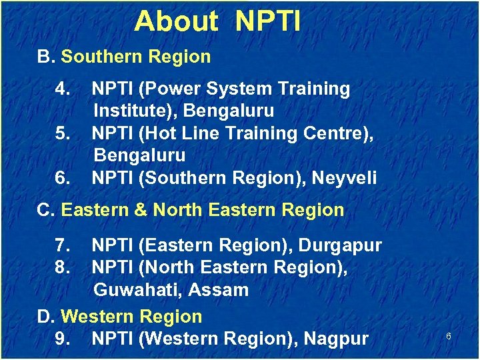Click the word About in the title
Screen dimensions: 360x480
[175, 22]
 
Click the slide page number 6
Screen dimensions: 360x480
[449, 337]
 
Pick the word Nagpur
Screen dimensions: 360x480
[335, 339]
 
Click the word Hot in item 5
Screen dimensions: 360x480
[158, 133]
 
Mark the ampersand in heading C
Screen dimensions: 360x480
[141, 210]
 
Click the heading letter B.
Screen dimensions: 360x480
[45, 57]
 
